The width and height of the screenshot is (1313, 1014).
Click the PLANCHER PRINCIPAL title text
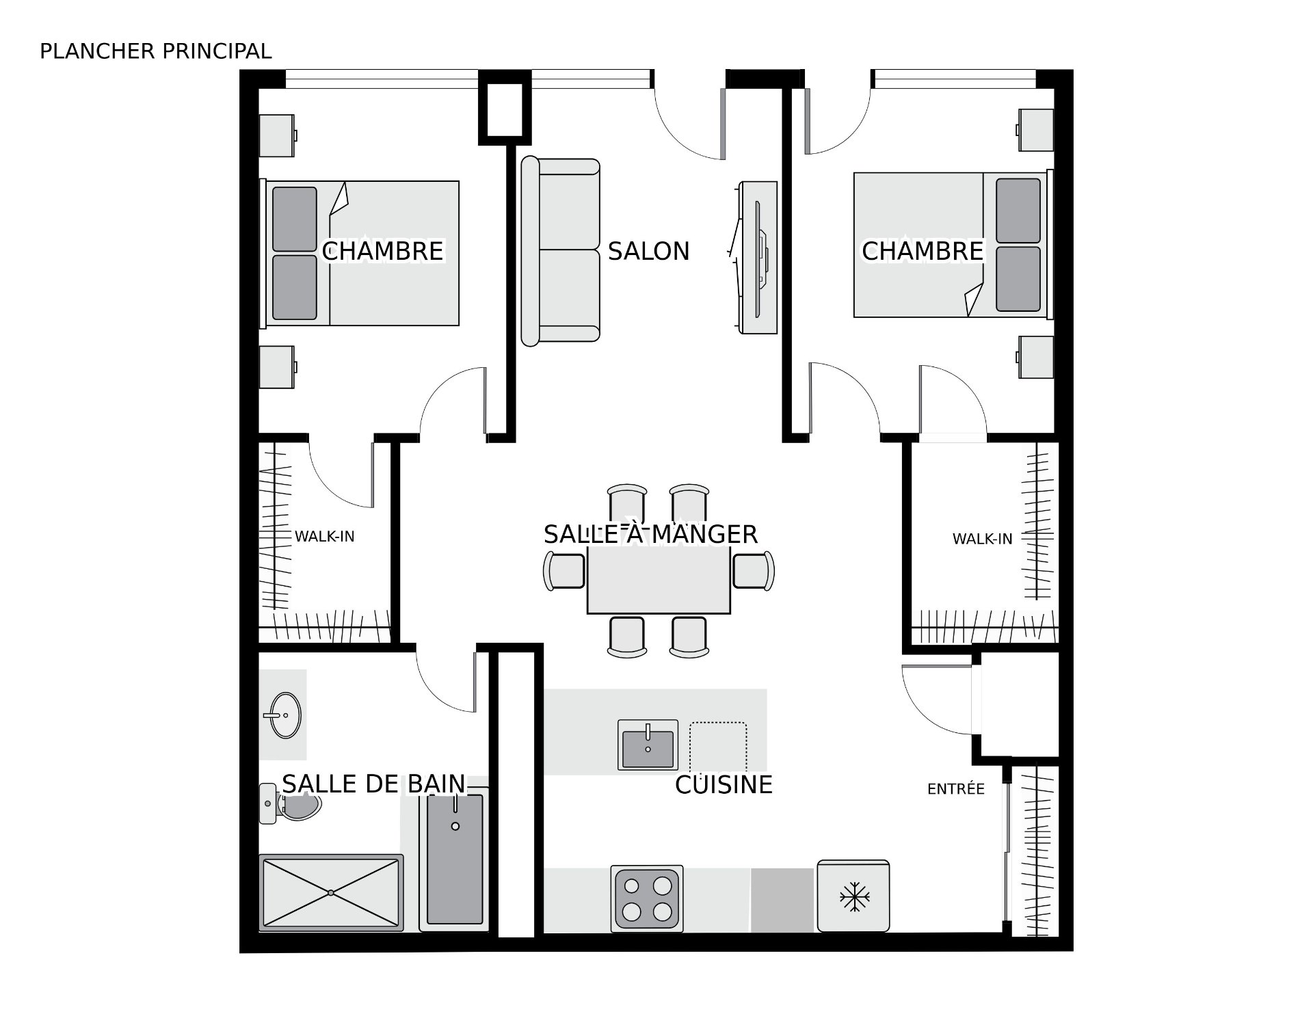coord(156,51)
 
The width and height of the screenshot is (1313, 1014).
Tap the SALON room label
coord(648,251)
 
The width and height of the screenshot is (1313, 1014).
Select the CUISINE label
coord(724,784)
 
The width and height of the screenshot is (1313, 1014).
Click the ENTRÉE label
coord(955,788)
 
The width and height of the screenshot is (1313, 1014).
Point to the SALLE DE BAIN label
coord(373,784)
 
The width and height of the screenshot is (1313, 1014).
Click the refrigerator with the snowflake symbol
coord(853,896)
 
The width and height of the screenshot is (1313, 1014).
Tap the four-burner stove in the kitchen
coord(647,898)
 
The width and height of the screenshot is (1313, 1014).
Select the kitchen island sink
coord(648,745)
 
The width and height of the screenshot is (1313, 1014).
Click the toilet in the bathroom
coord(290,804)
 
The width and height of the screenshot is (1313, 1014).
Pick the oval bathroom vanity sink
coord(284,715)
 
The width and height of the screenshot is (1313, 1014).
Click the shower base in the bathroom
coord(331,892)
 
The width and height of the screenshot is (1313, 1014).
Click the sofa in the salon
coord(561,252)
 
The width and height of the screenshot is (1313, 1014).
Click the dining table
coord(659,578)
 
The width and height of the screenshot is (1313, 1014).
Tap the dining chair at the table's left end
coord(564,571)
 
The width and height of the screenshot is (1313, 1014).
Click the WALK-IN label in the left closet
coord(325,537)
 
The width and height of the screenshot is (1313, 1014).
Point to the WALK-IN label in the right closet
coord(982,539)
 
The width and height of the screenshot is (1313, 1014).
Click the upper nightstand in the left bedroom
coord(277,135)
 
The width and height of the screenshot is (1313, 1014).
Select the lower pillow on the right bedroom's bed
coord(1018,279)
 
